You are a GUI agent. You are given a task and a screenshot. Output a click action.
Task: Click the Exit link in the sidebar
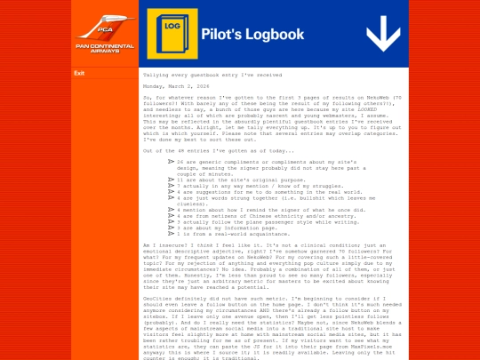pyautogui.click(x=79, y=74)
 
